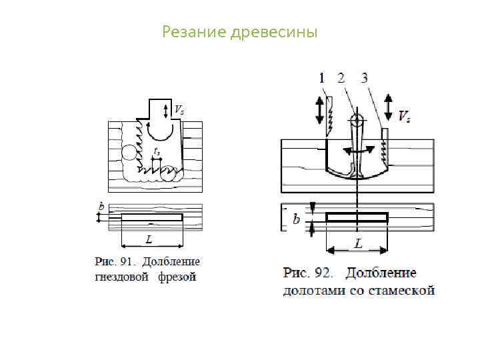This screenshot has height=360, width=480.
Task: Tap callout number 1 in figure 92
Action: point(321,78)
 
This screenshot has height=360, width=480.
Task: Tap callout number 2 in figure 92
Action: point(341,78)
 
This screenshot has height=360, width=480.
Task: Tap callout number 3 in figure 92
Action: point(364,78)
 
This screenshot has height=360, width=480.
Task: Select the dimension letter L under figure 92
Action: point(358,244)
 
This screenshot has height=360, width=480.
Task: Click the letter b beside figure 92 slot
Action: point(296,219)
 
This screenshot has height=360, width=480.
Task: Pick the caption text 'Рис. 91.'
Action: point(112,262)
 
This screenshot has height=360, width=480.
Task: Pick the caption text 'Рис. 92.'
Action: point(309,273)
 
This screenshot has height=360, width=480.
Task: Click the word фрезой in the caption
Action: point(177,277)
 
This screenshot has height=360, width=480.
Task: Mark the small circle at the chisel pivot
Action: point(357,120)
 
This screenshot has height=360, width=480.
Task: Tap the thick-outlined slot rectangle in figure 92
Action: point(357,217)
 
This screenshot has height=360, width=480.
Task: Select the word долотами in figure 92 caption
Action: point(308,290)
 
